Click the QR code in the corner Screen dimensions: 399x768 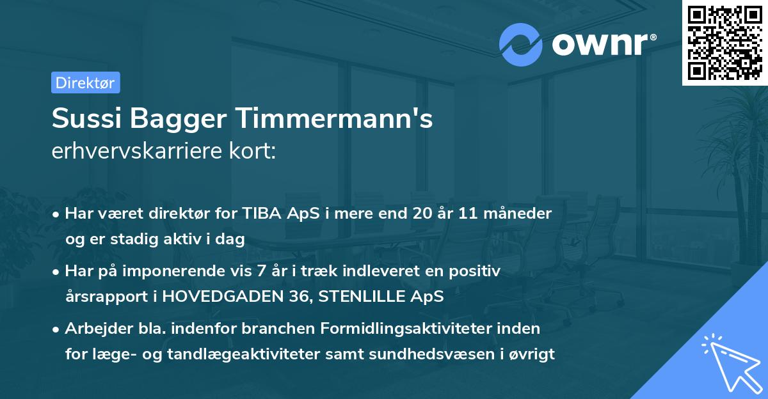pyautogui.click(x=724, y=43)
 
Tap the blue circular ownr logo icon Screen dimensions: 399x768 pyautogui.click(x=521, y=45)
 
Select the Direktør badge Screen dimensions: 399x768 pyautogui.click(x=85, y=82)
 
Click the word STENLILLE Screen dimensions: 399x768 pyautogui.click(x=348, y=297)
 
